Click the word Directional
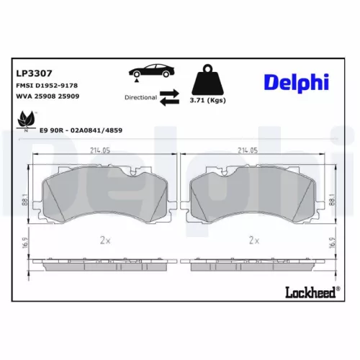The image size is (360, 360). (140, 96)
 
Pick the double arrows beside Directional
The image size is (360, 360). (169, 96)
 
